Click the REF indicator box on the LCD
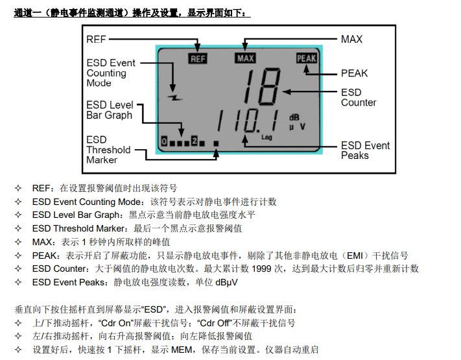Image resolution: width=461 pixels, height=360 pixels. (x=198, y=58)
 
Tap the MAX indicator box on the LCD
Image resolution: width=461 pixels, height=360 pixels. (x=245, y=58)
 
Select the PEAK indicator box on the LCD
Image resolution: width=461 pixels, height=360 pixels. (x=307, y=58)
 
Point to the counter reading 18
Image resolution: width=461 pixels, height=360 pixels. (x=261, y=86)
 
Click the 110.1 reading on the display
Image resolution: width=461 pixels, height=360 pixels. (x=248, y=121)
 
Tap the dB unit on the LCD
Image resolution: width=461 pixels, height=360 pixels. (x=294, y=117)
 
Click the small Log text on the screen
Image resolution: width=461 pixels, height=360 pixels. (x=266, y=138)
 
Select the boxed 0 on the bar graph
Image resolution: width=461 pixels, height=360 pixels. (x=164, y=141)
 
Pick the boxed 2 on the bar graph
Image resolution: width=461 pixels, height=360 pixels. (x=195, y=141)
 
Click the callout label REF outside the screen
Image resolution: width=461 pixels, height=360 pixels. (x=96, y=39)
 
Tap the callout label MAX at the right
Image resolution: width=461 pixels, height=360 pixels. (x=351, y=39)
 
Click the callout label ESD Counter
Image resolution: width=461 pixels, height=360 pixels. (x=359, y=97)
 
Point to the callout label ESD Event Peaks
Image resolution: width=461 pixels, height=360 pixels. (x=366, y=150)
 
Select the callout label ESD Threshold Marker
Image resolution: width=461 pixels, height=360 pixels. (x=108, y=150)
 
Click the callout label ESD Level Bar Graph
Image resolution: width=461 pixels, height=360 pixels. (x=110, y=110)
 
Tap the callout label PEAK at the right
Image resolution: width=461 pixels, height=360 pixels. (x=354, y=73)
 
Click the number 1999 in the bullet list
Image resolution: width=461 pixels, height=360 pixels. (x=262, y=269)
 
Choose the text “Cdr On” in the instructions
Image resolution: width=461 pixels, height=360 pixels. (x=116, y=323)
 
